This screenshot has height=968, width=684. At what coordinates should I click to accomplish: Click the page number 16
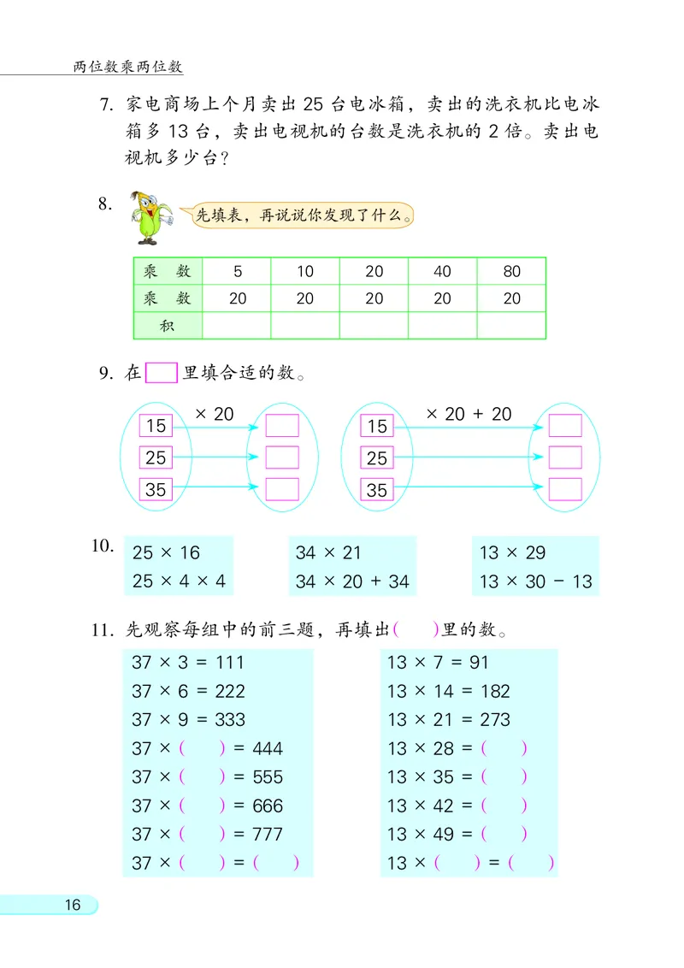coord(72,905)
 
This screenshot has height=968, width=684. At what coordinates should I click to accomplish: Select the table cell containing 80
coord(511,272)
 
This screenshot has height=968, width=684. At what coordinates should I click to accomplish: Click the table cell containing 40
coord(442,272)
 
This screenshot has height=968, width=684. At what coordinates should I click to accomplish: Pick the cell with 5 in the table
coord(237,272)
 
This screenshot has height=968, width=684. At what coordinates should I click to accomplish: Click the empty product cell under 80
coord(511,325)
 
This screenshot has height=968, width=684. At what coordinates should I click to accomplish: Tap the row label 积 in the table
coord(168,325)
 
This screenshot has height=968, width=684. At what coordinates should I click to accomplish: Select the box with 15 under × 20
coord(156,426)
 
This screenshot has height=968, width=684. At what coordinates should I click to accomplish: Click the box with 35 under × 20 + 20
coord(377,490)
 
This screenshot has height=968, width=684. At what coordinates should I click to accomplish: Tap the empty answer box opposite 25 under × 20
coord(282,457)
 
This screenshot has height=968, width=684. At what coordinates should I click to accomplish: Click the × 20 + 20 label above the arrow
coord(468,414)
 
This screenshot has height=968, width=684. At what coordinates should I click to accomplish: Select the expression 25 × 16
coord(166,552)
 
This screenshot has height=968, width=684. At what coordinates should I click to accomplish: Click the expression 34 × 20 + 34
coord(352,581)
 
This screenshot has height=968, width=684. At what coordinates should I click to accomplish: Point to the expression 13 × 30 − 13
coord(535,581)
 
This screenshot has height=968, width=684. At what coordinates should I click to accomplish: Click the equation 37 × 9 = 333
coord(188,719)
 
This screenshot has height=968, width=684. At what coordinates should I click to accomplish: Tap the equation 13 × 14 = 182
coord(448,691)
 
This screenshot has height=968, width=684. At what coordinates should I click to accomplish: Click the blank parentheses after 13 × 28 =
coord(504,748)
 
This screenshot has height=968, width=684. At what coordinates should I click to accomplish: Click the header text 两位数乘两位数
coord(128,67)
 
